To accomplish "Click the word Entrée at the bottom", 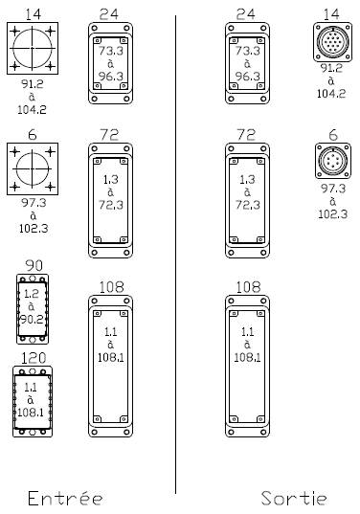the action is click(65, 499).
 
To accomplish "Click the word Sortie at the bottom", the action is click(294, 499).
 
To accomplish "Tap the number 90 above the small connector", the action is click(34, 265).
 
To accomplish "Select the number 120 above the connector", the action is click(34, 358).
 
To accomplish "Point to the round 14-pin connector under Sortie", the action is click(332, 42).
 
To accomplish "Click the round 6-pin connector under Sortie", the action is click(333, 161).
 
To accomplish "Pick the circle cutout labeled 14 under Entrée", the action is click(33, 48).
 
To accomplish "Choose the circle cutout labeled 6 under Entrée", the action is click(33, 168).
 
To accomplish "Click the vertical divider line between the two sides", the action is click(175, 255).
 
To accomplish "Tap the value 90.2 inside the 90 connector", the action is click(32, 319).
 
